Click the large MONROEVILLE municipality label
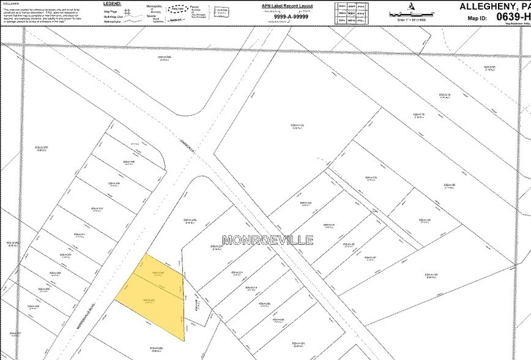(268, 239)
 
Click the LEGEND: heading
(113, 3)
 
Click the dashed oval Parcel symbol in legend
(177, 9)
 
